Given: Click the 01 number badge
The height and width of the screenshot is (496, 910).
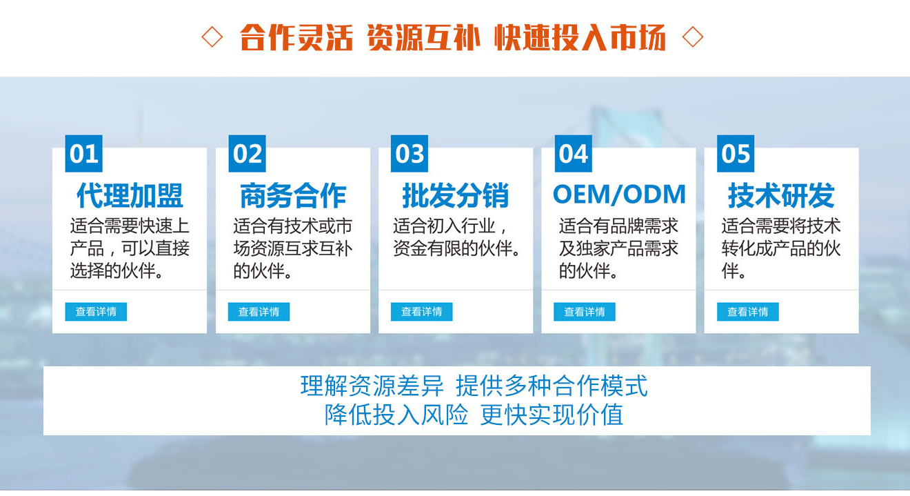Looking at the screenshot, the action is (x=83, y=154).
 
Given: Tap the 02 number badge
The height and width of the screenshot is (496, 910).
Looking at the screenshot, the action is (x=247, y=154).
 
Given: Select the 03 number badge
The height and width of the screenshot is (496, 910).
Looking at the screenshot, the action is (x=410, y=154).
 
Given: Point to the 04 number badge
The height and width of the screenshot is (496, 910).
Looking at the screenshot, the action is (x=573, y=154).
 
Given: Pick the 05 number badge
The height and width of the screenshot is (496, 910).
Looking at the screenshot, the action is (x=736, y=154).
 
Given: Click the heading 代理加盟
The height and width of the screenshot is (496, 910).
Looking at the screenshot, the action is (x=130, y=195).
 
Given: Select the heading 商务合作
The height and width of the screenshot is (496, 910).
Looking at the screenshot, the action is (x=293, y=195).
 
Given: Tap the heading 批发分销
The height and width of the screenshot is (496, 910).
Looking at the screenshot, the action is (x=456, y=195).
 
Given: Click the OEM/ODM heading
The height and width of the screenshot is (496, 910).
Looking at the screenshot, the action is (x=619, y=194).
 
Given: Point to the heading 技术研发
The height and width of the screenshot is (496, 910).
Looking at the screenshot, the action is (x=781, y=195).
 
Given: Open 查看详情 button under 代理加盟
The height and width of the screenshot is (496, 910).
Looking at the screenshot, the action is (x=96, y=312).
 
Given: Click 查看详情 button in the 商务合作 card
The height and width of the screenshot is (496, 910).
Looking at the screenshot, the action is (x=259, y=312).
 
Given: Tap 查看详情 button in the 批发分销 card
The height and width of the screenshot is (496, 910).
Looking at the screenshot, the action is (x=422, y=312).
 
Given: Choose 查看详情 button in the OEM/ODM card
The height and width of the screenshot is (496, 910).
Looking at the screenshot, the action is (x=585, y=312).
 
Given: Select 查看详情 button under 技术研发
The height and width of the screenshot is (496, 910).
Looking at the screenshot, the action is (x=748, y=312).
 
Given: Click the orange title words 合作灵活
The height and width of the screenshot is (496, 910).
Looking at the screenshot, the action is (x=296, y=37).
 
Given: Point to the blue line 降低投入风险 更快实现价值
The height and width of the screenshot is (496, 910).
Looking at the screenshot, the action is (x=474, y=415).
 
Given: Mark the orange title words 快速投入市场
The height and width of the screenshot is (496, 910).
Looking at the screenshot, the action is (x=580, y=37).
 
